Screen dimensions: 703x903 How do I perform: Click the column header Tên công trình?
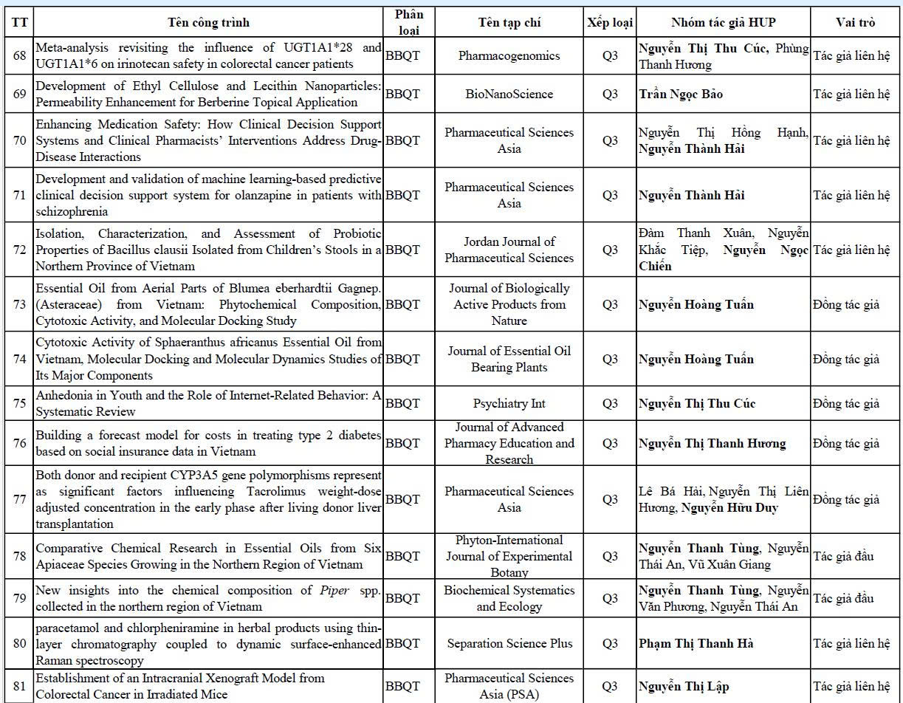click(208, 22)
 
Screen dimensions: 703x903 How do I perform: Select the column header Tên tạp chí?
click(509, 22)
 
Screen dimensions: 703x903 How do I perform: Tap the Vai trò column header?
click(855, 22)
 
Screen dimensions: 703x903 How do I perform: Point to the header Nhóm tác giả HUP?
click(723, 22)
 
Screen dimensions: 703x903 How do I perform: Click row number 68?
click(19, 56)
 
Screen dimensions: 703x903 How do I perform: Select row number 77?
click(19, 499)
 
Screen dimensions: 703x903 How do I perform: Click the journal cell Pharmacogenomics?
click(509, 56)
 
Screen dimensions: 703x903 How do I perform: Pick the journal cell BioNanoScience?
click(509, 94)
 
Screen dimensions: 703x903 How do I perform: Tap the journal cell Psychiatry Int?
click(509, 404)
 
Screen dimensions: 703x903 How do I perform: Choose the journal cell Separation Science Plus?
click(509, 643)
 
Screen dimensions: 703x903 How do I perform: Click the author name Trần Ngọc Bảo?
click(681, 94)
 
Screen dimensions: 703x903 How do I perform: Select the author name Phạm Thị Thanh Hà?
click(696, 643)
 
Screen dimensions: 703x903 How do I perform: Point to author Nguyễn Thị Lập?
click(684, 687)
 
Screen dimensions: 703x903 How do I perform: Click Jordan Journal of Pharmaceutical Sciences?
click(509, 250)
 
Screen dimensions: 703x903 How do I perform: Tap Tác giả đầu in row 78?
click(843, 556)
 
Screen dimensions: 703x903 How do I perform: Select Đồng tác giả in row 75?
click(846, 404)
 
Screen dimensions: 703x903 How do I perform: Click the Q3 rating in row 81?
click(610, 687)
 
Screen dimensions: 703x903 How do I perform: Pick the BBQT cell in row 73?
click(402, 304)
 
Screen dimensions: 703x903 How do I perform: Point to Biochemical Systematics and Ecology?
click(509, 599)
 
